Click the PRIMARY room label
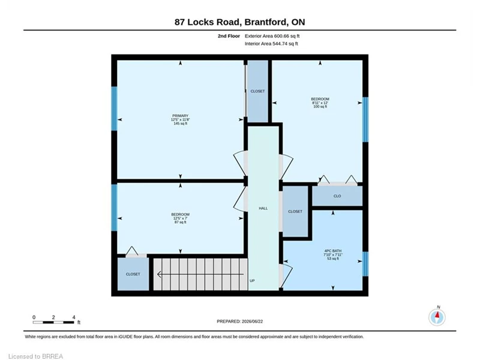coord(181,116)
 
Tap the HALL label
coord(263,208)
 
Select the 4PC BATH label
coord(333,251)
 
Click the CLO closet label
coord(337,196)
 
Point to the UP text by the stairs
coord(252,280)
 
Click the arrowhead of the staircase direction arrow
coord(159,274)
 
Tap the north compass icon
coord(437,317)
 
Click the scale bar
coord(53,322)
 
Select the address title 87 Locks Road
coord(207,22)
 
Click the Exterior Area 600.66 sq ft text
coord(272,36)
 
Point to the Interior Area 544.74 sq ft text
coord(271,43)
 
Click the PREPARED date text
coord(239,322)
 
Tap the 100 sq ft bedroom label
coord(320,107)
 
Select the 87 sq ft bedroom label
coord(181,222)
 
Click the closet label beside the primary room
coord(257,91)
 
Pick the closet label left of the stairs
coord(133,274)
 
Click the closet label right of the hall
coord(295,211)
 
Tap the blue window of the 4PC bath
coord(365,263)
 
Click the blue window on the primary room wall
coord(114,109)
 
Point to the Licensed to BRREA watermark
coord(36,356)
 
